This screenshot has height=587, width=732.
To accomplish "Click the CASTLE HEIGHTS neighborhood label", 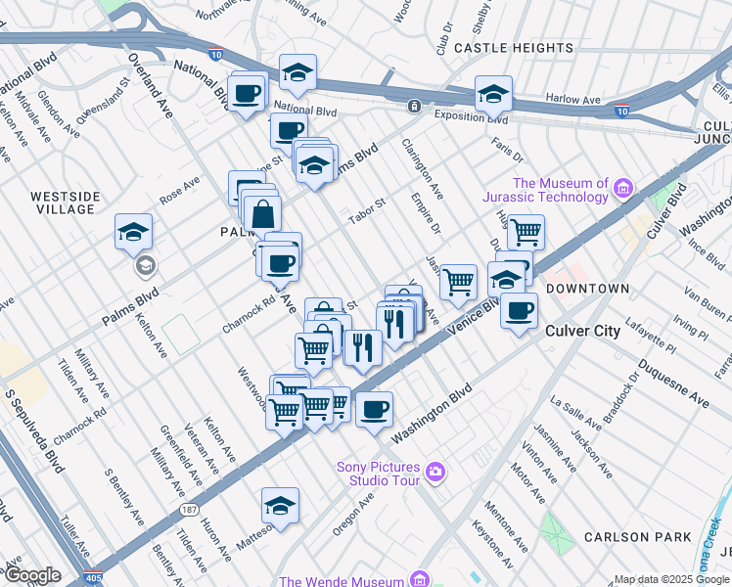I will (x=514, y=48).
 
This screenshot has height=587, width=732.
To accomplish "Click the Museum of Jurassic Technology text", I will (x=561, y=190).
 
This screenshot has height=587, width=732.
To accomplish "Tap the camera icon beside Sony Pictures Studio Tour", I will (x=435, y=474).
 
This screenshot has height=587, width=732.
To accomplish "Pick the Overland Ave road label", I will (x=155, y=85).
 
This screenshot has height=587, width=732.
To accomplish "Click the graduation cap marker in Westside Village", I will (x=134, y=231).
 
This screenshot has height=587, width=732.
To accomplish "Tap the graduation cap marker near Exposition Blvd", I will (x=493, y=94).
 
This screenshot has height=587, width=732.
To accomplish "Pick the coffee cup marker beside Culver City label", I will (x=519, y=311).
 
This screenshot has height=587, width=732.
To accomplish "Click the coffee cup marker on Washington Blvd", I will (x=373, y=410).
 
